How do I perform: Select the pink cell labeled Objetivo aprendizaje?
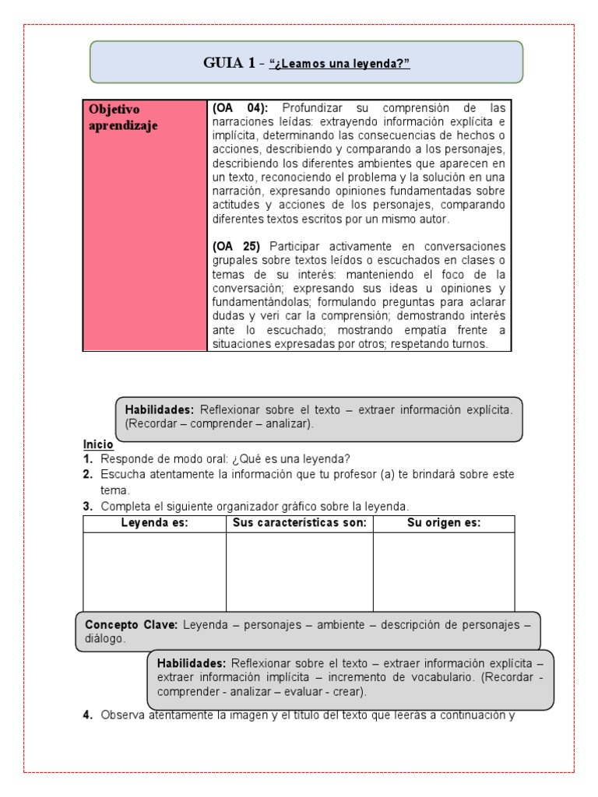click(x=145, y=226)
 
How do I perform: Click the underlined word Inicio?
click(x=98, y=444)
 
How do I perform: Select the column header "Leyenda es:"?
click(x=154, y=523)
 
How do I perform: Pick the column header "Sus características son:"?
click(x=300, y=523)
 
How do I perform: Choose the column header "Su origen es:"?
click(x=444, y=523)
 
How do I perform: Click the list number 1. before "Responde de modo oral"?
click(x=88, y=458)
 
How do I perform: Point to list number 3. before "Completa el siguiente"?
click(x=88, y=506)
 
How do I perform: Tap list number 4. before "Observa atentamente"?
click(x=88, y=716)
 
